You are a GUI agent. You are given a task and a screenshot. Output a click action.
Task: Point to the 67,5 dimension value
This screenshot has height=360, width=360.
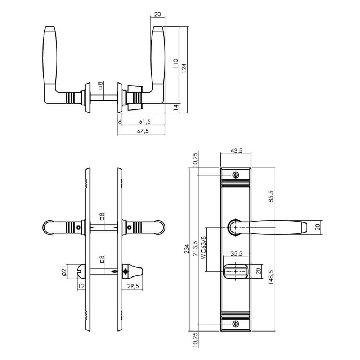143,131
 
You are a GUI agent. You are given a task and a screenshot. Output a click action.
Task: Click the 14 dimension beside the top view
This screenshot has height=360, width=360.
175,107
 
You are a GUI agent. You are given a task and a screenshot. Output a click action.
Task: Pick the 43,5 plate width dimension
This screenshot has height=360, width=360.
235,151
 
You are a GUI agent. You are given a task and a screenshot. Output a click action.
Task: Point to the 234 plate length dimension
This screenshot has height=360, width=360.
186,249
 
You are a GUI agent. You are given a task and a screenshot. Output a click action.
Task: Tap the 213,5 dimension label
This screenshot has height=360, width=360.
195,248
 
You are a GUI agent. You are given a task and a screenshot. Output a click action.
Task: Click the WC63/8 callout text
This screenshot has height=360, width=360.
203,248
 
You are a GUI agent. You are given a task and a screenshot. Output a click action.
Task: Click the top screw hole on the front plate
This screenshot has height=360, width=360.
236,175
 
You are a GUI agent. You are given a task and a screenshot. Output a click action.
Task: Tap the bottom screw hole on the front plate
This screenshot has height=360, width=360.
236,324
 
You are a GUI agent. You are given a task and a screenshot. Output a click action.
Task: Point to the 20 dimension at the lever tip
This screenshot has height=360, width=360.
318,228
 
